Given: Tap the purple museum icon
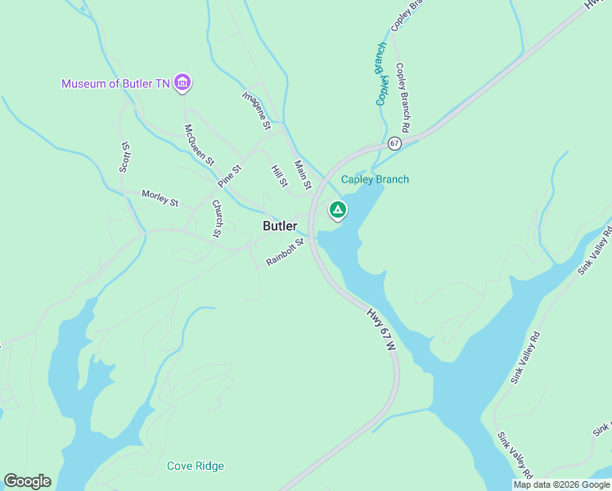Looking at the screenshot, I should [x=183, y=83].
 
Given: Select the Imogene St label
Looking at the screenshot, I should [x=255, y=110].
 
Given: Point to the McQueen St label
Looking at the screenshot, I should [x=199, y=144].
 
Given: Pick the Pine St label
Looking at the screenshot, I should [x=231, y=176].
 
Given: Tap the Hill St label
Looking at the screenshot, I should [x=279, y=176].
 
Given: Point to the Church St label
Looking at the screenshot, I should [x=217, y=218].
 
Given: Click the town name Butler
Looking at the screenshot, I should [x=280, y=226].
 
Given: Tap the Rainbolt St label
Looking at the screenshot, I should [x=284, y=253].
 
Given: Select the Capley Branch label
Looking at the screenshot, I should [x=375, y=180].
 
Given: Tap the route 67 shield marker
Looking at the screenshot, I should [x=394, y=143].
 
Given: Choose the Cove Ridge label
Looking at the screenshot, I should [x=196, y=466].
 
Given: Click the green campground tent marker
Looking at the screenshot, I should [x=337, y=210].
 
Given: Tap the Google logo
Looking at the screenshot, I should [x=27, y=481].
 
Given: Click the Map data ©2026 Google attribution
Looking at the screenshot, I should [x=561, y=484].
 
